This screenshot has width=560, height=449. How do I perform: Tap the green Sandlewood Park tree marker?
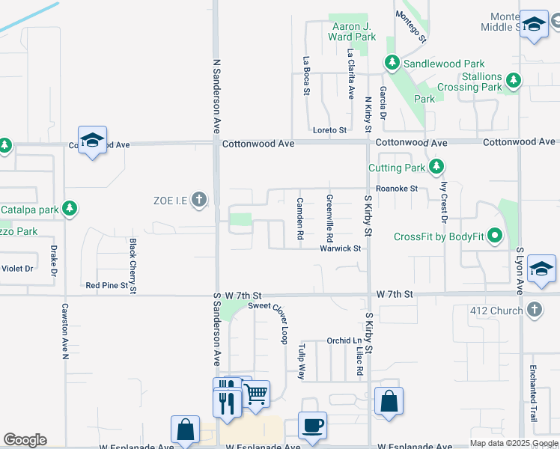point(391,63)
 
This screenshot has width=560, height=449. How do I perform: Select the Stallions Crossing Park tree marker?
point(513,80)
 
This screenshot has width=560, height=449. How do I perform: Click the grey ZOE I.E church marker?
point(198,199)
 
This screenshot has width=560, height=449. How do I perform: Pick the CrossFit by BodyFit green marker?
point(495,236)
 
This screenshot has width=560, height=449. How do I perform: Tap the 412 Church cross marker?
point(534,309)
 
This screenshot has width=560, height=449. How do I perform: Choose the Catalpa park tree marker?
point(70,208)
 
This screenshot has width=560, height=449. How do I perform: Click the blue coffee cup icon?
point(313,425)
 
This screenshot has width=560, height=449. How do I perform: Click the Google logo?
point(25,440)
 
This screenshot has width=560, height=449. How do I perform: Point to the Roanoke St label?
point(397,189)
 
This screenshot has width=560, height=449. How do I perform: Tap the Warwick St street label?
point(341,248)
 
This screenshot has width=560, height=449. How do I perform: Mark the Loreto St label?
point(330,130)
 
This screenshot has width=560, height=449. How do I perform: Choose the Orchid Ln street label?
point(344,340)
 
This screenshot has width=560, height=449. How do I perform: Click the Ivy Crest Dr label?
point(444,202)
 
